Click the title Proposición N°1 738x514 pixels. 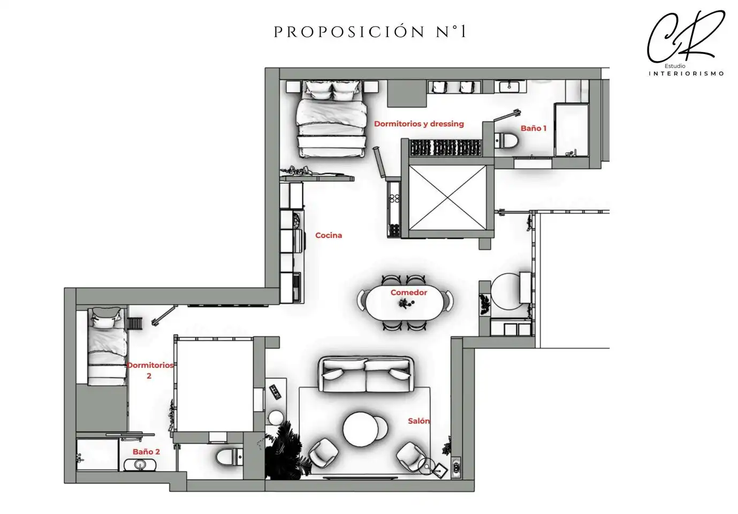370,32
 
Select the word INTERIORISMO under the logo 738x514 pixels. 686,74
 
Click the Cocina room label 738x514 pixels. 329,236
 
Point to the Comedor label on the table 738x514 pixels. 408,292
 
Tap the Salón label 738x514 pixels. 419,421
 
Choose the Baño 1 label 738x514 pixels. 534,128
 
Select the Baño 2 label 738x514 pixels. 146,452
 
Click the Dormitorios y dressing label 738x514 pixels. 419,124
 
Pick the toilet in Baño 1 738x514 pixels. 507,140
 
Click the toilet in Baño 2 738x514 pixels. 229,457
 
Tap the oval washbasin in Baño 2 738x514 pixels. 140,465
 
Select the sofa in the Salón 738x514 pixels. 366,374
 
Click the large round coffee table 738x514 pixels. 360,429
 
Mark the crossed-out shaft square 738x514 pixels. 447,198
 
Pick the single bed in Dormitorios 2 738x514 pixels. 108,346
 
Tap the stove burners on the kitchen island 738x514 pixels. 394,198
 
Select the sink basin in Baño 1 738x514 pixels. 509,87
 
